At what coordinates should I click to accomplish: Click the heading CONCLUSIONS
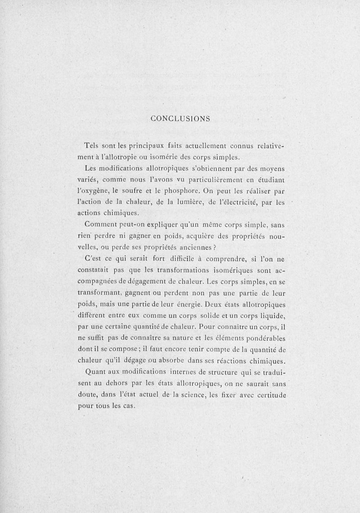coord(180,119)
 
